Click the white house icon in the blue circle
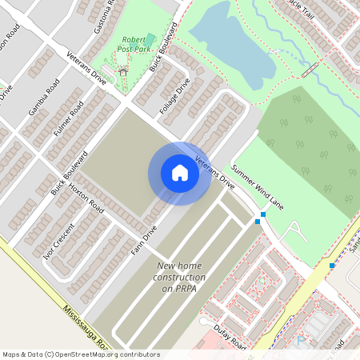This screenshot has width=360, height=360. pyautogui.click(x=180, y=172)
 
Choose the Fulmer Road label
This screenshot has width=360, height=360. pyautogui.click(x=70, y=117)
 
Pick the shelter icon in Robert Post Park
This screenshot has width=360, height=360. pyautogui.click(x=122, y=72)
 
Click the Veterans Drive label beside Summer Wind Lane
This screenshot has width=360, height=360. pyautogui.click(x=214, y=171)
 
